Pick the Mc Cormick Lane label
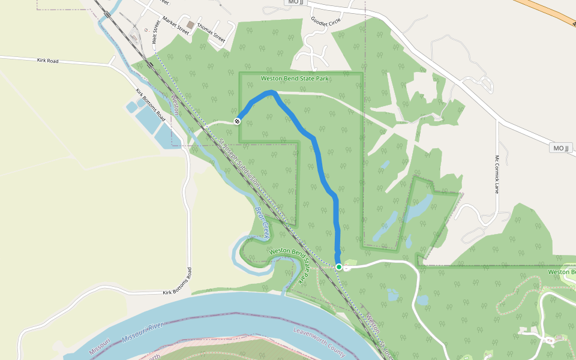(497, 175)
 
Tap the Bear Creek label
(263, 221)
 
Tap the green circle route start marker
(339, 267)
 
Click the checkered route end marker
(238, 121)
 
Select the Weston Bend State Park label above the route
(295, 79)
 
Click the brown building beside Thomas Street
(191, 25)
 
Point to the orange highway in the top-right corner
(546, 13)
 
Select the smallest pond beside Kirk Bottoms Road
(131, 107)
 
